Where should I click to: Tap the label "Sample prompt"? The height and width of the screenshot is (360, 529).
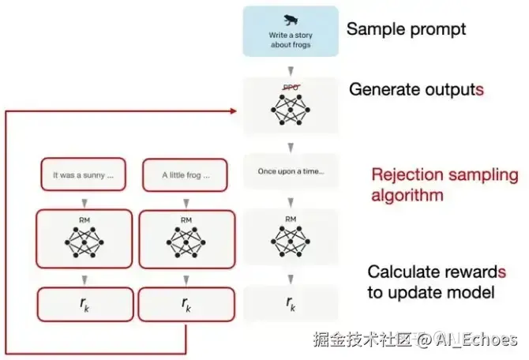(x=407, y=30)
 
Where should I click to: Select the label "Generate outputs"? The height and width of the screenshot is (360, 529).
(x=416, y=89)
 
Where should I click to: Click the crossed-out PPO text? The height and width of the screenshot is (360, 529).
(x=291, y=88)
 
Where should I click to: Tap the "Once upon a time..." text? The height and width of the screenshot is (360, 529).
(x=291, y=171)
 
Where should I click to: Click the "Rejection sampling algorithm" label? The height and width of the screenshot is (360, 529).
(x=445, y=185)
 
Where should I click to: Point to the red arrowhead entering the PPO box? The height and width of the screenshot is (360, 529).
(x=234, y=111)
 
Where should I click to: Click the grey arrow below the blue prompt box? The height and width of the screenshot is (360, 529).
(x=291, y=69)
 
